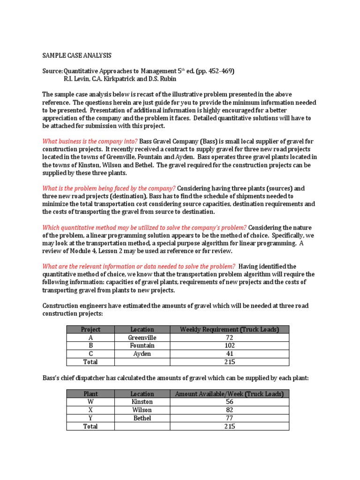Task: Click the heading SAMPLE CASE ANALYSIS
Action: (77, 55)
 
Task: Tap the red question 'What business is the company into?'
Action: (90, 141)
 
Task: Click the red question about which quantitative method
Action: (144, 227)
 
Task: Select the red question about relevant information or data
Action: (139, 266)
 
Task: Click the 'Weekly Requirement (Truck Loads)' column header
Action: (229, 329)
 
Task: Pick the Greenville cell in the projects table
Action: (142, 337)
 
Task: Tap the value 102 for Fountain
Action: (229, 345)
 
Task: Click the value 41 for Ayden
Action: (229, 353)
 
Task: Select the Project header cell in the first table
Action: (90, 329)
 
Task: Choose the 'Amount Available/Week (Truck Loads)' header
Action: (229, 394)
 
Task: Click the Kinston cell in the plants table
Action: (142, 402)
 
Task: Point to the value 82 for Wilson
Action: (229, 410)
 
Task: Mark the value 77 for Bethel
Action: (229, 418)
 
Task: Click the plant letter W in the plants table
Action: (90, 402)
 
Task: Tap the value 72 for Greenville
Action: (229, 337)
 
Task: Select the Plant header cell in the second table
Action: (90, 394)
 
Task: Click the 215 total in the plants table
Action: (229, 426)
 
